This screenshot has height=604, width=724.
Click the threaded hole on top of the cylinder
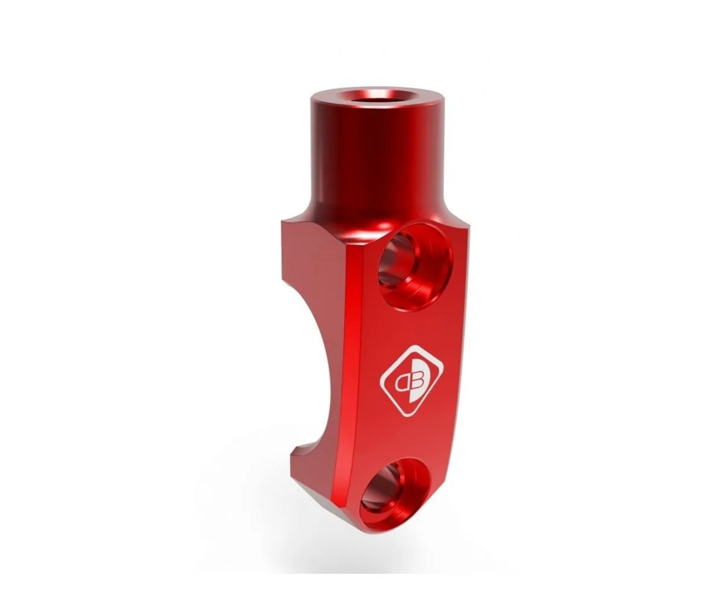click(x=373, y=95)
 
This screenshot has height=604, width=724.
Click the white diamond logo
click(x=411, y=381)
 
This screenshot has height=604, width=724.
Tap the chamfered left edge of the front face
click(x=356, y=362)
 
